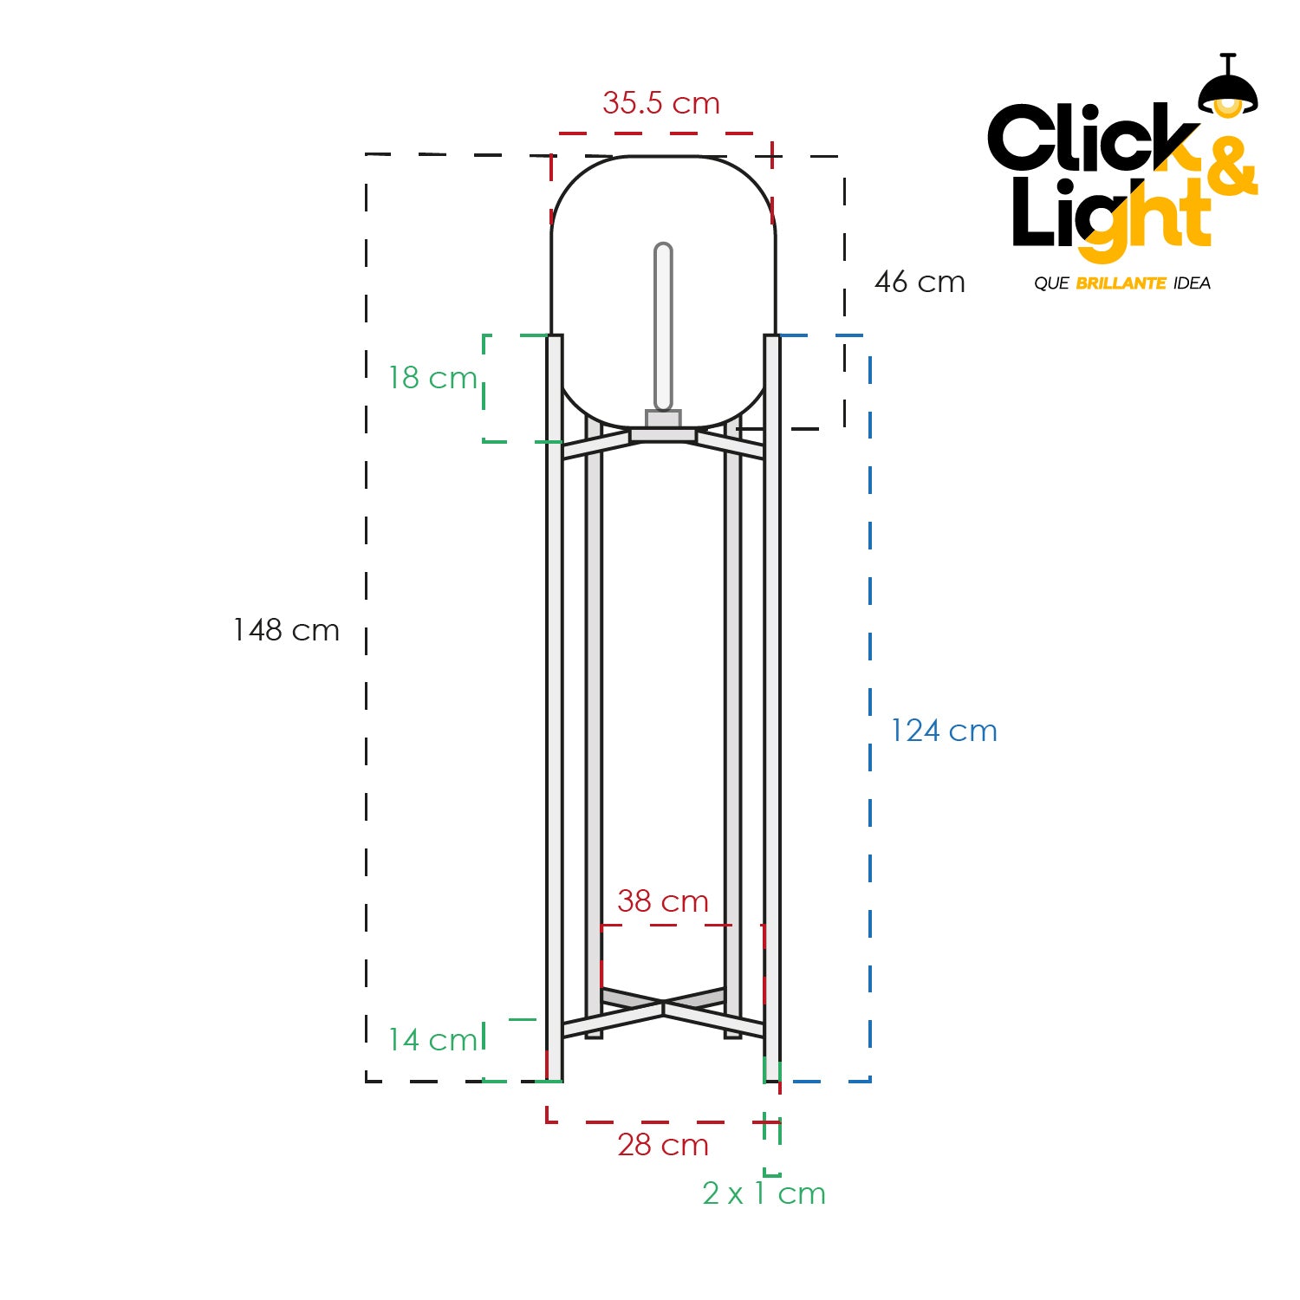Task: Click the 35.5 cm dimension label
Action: (661, 103)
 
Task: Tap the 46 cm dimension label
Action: (920, 282)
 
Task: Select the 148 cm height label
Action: (286, 630)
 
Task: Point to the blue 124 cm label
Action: (944, 731)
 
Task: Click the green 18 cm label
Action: (432, 378)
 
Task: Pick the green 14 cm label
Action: (432, 1039)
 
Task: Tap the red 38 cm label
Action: (663, 901)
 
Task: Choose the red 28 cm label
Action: (663, 1145)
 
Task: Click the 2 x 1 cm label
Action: (764, 1193)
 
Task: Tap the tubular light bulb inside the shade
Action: (663, 327)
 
